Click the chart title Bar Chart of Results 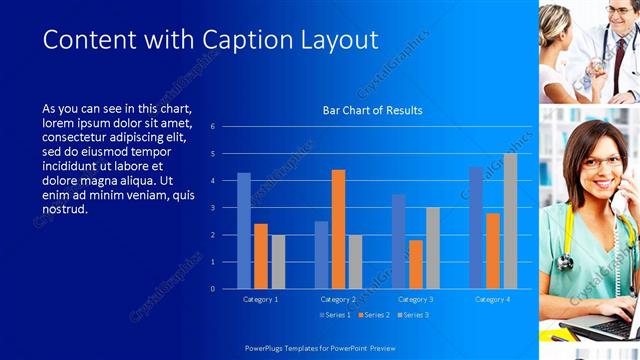click(372, 110)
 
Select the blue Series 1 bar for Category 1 click(244, 231)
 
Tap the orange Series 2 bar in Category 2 click(338, 229)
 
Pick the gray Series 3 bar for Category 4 click(510, 221)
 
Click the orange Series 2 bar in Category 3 click(416, 264)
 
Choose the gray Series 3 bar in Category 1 click(278, 262)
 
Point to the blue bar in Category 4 click(476, 228)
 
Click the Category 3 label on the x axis click(415, 299)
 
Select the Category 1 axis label click(261, 299)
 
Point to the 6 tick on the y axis click(212, 127)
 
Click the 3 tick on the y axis click(212, 208)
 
